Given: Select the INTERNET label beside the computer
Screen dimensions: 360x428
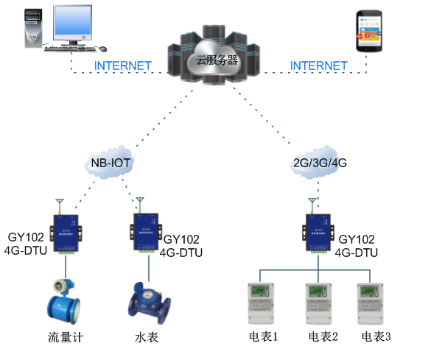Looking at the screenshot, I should tap(123, 66).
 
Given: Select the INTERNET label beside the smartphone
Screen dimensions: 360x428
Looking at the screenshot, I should tap(318, 66).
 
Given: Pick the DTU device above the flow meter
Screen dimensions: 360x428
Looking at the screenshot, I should tap(66, 232).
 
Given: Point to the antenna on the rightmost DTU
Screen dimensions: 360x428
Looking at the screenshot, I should tap(312, 202).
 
